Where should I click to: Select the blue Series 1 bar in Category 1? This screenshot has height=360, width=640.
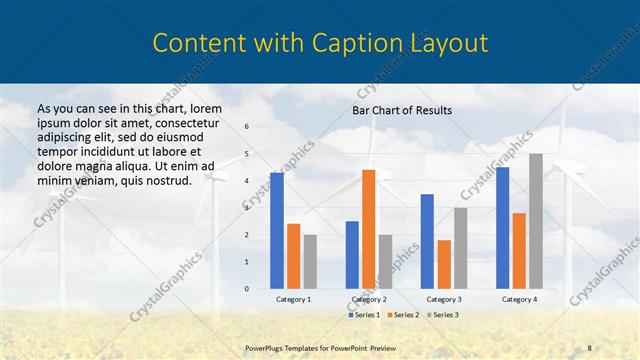point(277,230)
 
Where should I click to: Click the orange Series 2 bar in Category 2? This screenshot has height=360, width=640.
point(368,229)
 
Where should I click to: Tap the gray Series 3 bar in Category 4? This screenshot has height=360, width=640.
point(536,221)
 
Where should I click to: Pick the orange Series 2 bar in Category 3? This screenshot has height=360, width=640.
point(444,264)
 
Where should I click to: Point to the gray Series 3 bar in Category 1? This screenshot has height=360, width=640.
point(310,261)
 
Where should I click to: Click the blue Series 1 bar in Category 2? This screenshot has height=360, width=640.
point(352,254)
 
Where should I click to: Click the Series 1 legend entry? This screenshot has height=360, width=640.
point(364,314)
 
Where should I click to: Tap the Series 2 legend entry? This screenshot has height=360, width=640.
point(402,314)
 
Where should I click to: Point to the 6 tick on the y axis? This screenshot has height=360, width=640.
point(247,127)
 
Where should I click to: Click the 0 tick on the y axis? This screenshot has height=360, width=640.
point(247,288)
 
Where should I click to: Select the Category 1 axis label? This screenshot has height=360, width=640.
point(294,299)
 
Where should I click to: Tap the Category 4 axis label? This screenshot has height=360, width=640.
point(519,299)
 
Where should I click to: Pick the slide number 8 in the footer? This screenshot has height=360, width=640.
point(590,346)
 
